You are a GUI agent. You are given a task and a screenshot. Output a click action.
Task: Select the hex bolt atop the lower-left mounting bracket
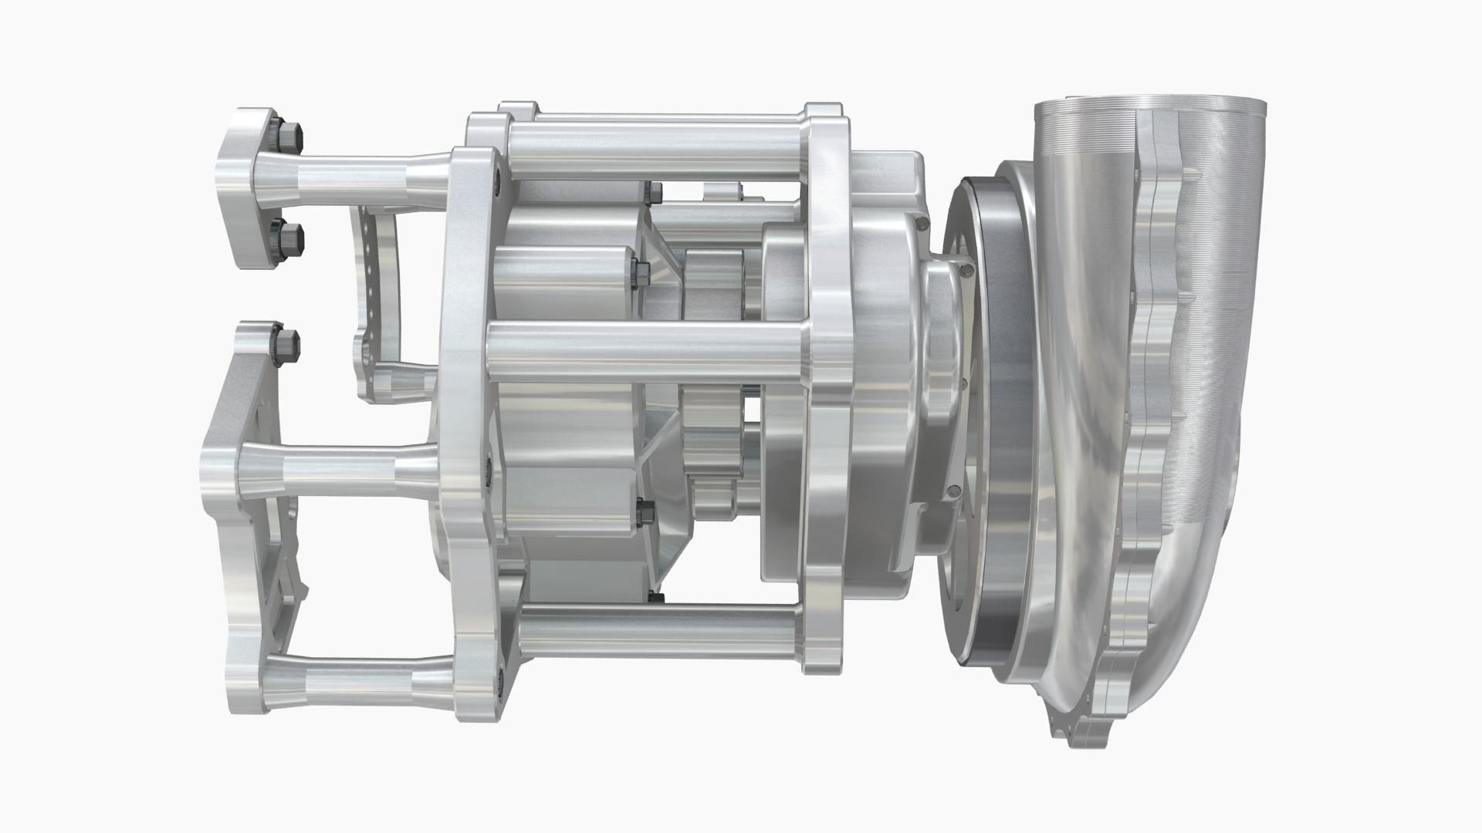coord(286,346)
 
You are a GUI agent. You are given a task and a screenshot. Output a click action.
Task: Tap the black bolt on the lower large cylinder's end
coord(645,513)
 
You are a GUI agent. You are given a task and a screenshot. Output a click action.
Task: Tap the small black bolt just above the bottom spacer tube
coord(656,597)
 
